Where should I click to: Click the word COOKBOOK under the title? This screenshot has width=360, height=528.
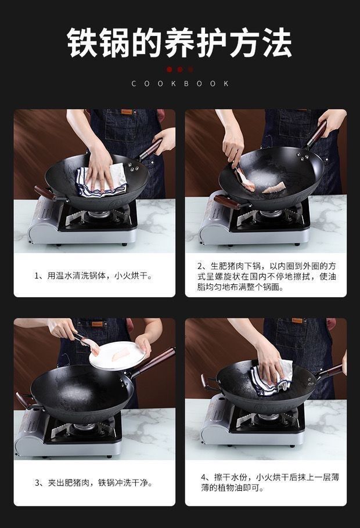tap(180, 84)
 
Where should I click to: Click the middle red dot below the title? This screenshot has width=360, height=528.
tap(180, 70)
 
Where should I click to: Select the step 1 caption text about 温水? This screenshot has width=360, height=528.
tap(93, 276)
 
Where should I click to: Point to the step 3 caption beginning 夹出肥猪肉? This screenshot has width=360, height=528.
tap(93, 483)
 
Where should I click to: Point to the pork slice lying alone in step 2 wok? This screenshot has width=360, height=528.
tap(274, 187)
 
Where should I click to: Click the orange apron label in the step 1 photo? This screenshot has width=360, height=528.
tap(127, 111)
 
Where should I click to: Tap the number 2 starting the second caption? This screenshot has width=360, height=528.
tap(200, 266)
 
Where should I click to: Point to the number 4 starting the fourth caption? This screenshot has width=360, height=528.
tap(204, 478)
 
